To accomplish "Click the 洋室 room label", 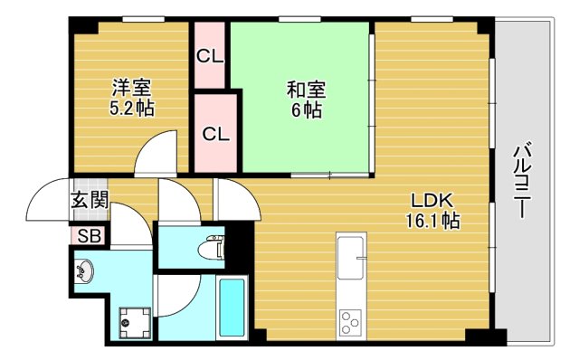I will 131,89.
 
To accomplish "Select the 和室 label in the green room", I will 306,90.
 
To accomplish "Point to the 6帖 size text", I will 306,111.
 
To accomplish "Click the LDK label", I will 431,200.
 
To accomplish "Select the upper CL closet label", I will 210,56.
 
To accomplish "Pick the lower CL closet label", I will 215,135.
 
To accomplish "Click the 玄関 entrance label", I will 90,201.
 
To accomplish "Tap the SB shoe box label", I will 89,236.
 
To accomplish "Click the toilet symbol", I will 212,246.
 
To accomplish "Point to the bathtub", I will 232,307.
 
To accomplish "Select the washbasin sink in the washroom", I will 86,270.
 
